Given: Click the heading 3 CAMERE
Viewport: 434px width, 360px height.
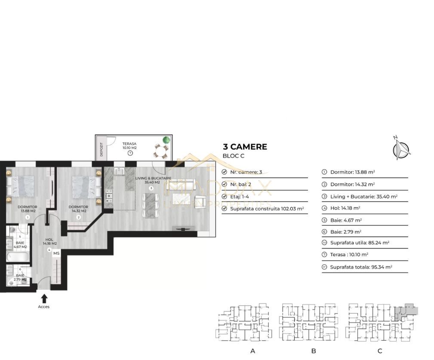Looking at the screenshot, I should click(245, 147).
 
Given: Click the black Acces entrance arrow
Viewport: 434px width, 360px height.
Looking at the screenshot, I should click(44, 298).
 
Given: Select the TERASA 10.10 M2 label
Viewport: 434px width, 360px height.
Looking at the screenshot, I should click(129, 146).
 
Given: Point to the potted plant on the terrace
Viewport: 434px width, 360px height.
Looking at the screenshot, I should click(166, 140).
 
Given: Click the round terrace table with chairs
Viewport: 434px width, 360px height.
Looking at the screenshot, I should click(161, 152).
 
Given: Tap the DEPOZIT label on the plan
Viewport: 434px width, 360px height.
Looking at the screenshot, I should click(101, 149).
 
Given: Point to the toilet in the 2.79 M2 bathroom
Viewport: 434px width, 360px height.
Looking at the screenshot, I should click(12, 282).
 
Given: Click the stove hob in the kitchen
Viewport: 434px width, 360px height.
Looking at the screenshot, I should click(109, 196).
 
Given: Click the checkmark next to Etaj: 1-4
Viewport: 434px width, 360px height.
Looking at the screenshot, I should click(224, 196).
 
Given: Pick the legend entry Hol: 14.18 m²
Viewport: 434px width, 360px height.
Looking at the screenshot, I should click(345, 208).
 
